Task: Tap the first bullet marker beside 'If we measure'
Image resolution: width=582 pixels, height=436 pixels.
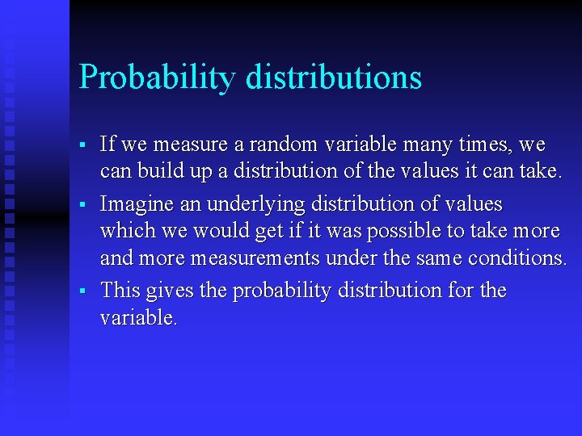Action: tap(82, 146)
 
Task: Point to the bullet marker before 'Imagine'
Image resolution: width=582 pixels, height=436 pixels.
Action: tap(82, 204)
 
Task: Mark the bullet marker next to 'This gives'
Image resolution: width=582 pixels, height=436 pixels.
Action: tap(82, 291)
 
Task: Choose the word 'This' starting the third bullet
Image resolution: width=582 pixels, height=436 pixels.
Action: tap(120, 290)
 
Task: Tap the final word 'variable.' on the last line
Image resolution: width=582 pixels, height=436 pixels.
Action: tap(138, 318)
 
